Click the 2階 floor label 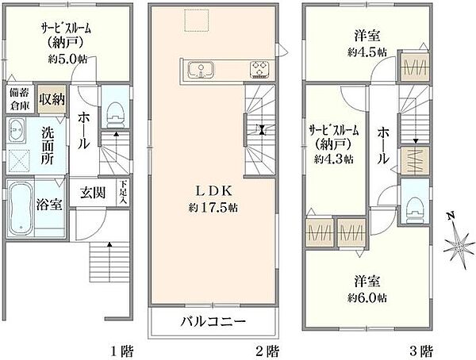point(267,350)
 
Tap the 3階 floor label point(421,350)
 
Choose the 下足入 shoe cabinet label point(122,193)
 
